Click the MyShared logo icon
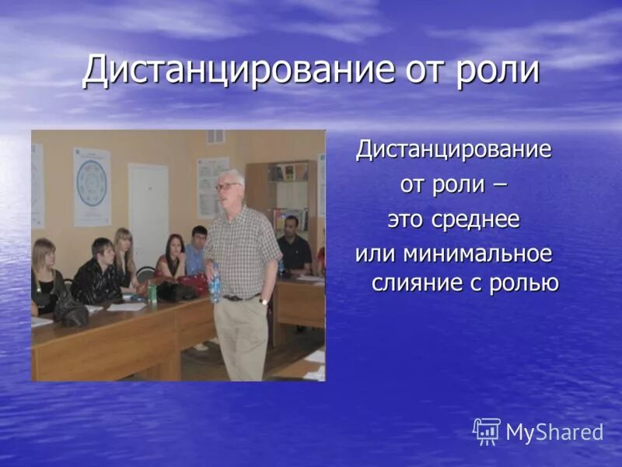click(487, 431)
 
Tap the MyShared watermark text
click(554, 433)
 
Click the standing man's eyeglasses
click(227, 187)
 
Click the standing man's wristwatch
click(264, 300)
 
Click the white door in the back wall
click(148, 210)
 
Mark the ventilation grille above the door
click(215, 137)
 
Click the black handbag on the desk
click(71, 312)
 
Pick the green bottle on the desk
click(152, 292)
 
